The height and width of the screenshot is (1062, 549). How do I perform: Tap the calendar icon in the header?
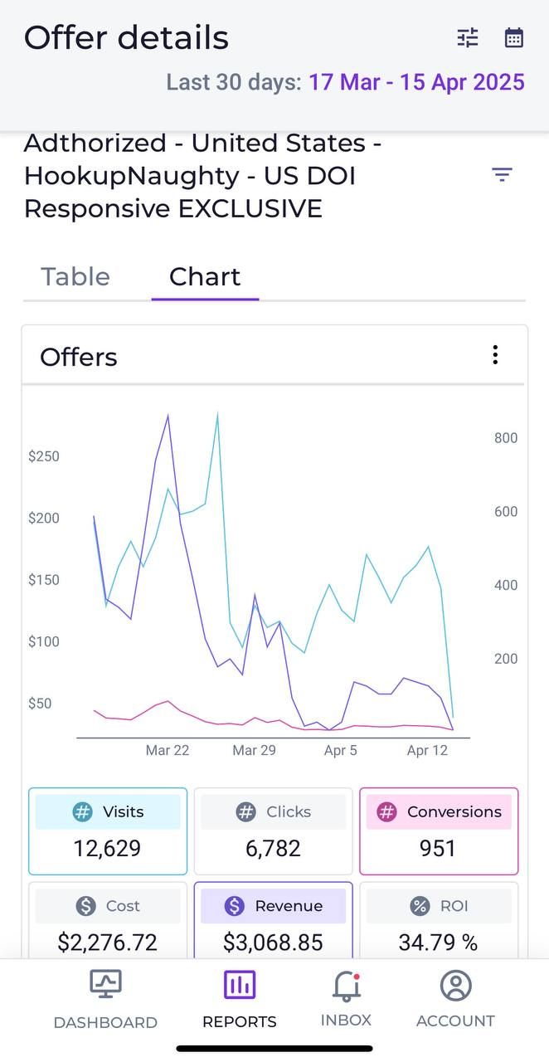(x=514, y=37)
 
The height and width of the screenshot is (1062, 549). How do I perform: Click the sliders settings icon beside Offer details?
(x=468, y=37)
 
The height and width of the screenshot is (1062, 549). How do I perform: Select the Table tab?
(x=75, y=276)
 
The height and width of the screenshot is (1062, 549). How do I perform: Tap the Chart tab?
(x=205, y=276)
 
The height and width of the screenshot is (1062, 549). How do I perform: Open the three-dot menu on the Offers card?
(x=495, y=355)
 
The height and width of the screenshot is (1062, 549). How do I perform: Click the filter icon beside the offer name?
(x=502, y=174)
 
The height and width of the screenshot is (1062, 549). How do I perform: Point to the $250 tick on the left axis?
(x=44, y=456)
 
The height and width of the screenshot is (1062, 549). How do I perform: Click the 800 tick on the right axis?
(x=506, y=438)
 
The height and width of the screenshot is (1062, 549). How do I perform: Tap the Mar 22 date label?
(x=168, y=750)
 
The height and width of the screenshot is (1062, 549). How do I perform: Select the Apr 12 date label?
(x=427, y=750)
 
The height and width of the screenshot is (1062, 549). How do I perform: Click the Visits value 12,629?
(x=107, y=849)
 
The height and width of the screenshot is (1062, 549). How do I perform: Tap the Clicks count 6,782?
(x=273, y=849)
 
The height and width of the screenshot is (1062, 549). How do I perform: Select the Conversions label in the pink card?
(x=454, y=811)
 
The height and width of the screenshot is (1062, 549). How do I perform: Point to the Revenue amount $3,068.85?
(x=273, y=943)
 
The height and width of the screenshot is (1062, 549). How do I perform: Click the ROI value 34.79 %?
(x=438, y=943)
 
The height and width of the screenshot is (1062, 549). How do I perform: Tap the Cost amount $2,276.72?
(x=107, y=943)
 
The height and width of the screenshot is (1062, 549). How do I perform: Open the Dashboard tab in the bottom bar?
(x=105, y=999)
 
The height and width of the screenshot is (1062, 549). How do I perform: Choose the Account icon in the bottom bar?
(x=455, y=986)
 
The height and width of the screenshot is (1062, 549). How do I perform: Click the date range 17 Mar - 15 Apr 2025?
(x=416, y=82)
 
